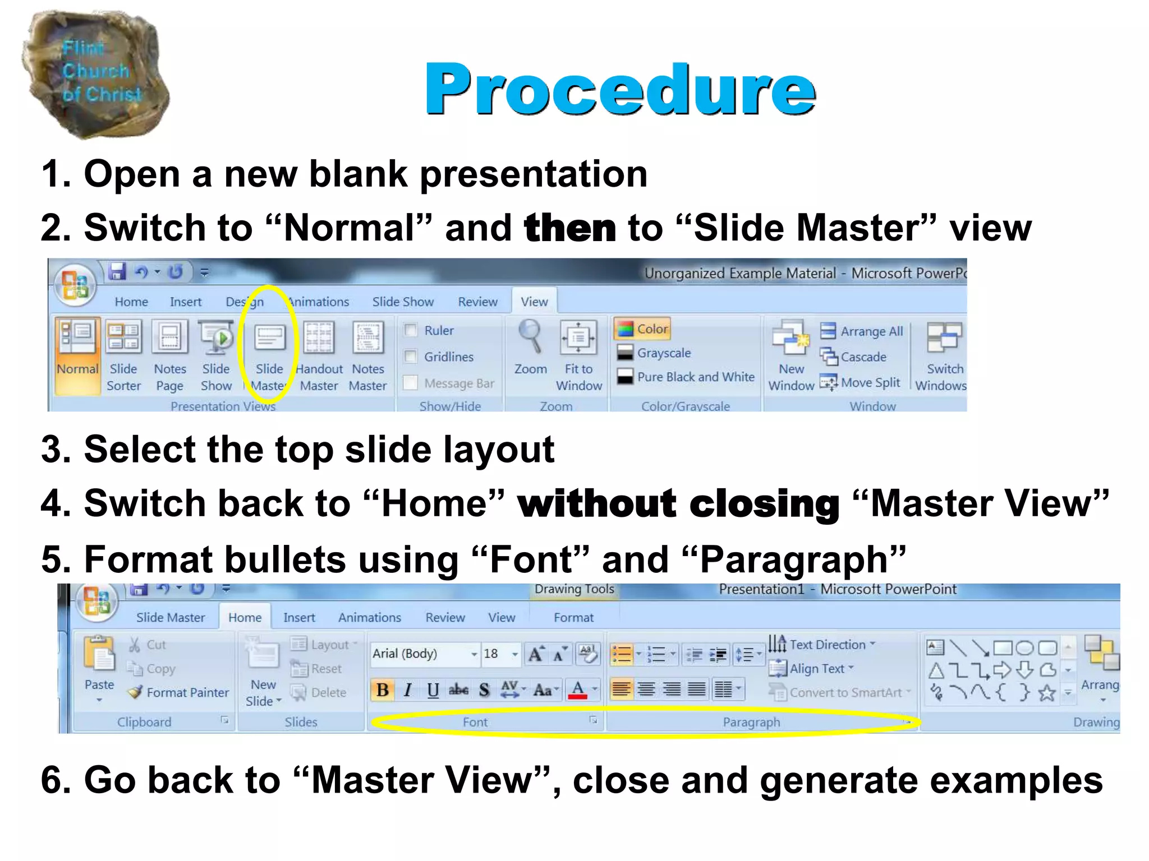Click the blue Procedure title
pyautogui.click(x=620, y=90)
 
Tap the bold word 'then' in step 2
pyautogui.click(x=569, y=228)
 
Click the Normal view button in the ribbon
pyautogui.click(x=77, y=353)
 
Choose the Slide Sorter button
pyautogui.click(x=124, y=353)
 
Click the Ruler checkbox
pyautogui.click(x=411, y=330)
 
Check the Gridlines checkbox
pyautogui.click(x=411, y=357)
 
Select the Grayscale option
pyautogui.click(x=663, y=353)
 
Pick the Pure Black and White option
pyautogui.click(x=695, y=377)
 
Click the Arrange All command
pyautogui.click(x=871, y=331)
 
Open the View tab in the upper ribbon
pyautogui.click(x=534, y=302)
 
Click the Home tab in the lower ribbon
pyautogui.click(x=245, y=617)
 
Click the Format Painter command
pyautogui.click(x=187, y=692)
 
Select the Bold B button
pyautogui.click(x=383, y=689)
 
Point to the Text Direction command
pyautogui.click(x=827, y=645)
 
